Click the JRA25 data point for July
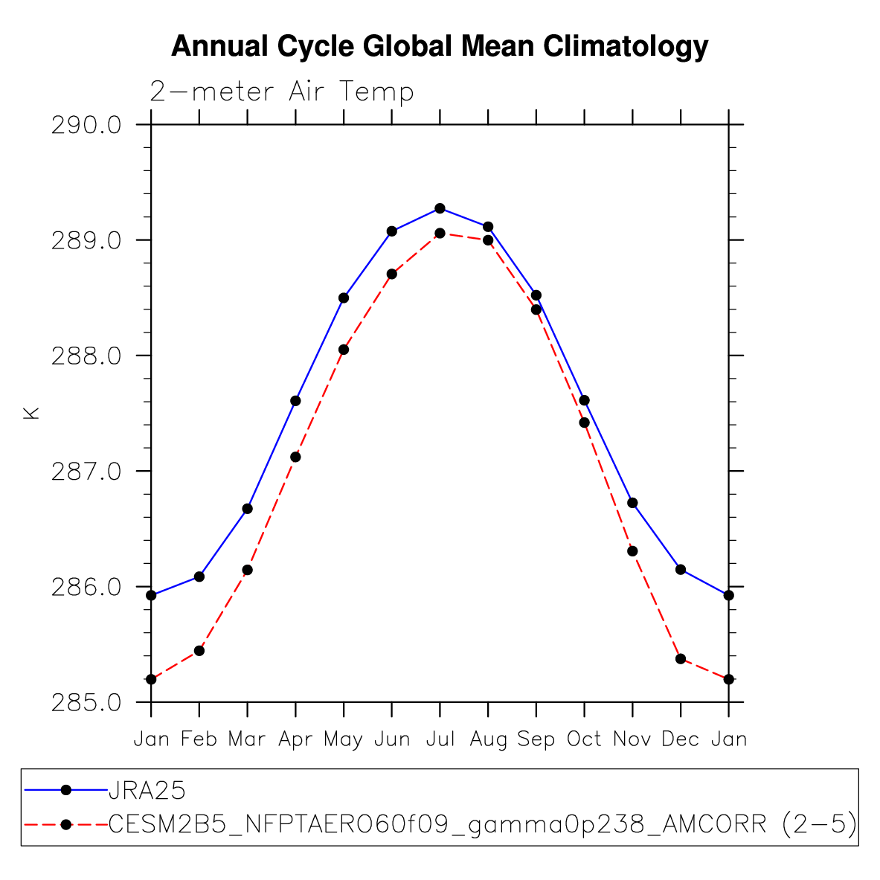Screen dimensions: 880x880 point(440,208)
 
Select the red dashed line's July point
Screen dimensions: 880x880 point(440,233)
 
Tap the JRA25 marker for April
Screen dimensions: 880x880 point(295,401)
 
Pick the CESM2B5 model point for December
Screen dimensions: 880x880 point(680,658)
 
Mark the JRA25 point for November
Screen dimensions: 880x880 point(632,503)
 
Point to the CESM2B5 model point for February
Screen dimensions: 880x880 point(199,651)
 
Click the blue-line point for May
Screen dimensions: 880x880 point(344,298)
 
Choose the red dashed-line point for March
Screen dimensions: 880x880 point(248,570)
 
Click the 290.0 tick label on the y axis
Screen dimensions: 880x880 point(86,125)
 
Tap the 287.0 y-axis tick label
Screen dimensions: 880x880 point(86,472)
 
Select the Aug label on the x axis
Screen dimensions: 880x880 point(488,739)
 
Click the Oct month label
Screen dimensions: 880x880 point(584,739)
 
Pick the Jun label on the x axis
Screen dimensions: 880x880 point(392,739)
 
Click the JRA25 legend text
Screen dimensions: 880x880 point(147,789)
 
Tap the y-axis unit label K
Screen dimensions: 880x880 point(31,413)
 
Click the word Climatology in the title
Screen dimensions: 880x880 point(625,47)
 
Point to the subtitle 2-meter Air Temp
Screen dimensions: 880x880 point(282,91)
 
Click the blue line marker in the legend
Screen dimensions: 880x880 point(65,789)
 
